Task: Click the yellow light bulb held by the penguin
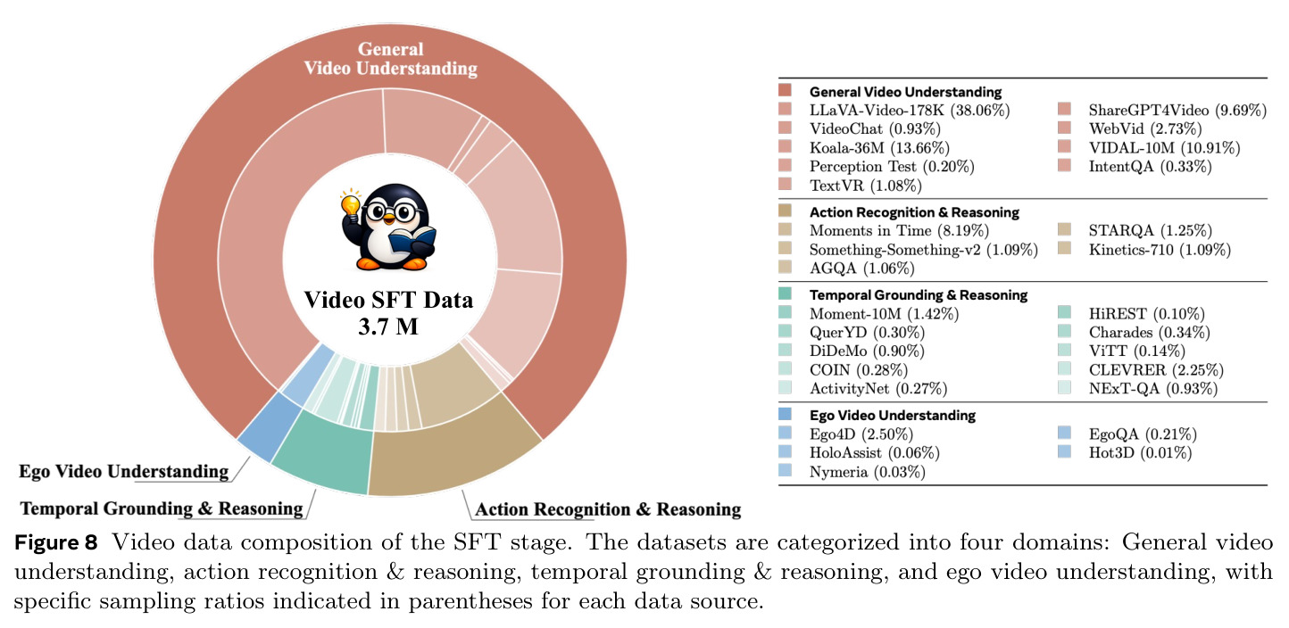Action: coord(351,203)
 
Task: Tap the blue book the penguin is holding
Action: coord(412,240)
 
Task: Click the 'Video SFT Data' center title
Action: coord(388,301)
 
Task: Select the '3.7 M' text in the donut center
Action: coord(387,326)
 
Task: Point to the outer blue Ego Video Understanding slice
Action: coord(269,426)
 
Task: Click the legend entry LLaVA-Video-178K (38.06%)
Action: coord(910,110)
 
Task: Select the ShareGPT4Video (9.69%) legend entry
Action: coord(1177,110)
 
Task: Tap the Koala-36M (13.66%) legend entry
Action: coord(879,148)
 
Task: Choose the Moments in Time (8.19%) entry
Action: coord(899,231)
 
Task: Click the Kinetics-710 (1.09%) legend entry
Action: coord(1160,250)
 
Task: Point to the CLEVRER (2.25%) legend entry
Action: coord(1156,370)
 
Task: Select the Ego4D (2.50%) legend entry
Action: coord(861,434)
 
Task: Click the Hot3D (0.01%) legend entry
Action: coord(1140,452)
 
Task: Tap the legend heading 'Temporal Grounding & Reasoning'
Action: coord(919,295)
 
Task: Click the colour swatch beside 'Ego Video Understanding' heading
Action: coord(785,414)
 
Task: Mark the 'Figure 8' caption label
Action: coord(56,542)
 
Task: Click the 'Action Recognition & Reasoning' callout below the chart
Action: coord(608,509)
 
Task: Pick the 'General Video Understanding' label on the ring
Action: coord(391,59)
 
